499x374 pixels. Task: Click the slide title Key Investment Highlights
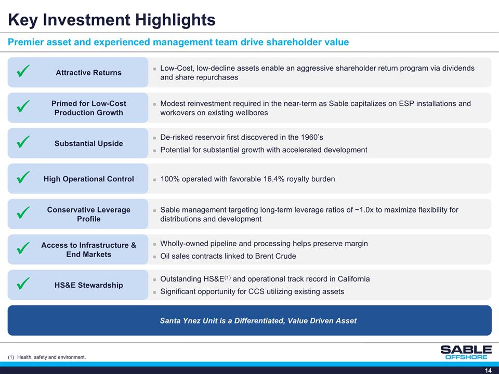[x=111, y=20]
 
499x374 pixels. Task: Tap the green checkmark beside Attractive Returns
[x=22, y=72]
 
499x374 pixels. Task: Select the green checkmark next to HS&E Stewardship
[x=22, y=284]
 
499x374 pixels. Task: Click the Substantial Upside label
[x=88, y=143]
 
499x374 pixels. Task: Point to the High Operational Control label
[x=88, y=179]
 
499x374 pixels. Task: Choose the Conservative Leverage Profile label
[x=88, y=214]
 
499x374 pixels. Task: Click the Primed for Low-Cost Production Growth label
[x=88, y=108]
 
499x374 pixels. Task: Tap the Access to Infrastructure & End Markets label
[x=88, y=249]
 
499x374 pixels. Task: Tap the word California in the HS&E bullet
[x=351, y=279]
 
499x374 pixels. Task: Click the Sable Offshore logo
[x=465, y=352]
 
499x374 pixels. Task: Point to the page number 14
[x=488, y=370]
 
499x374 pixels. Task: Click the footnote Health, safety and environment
[x=51, y=357]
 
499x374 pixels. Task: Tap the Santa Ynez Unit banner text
[x=258, y=320]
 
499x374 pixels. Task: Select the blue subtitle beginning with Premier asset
[x=178, y=42]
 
